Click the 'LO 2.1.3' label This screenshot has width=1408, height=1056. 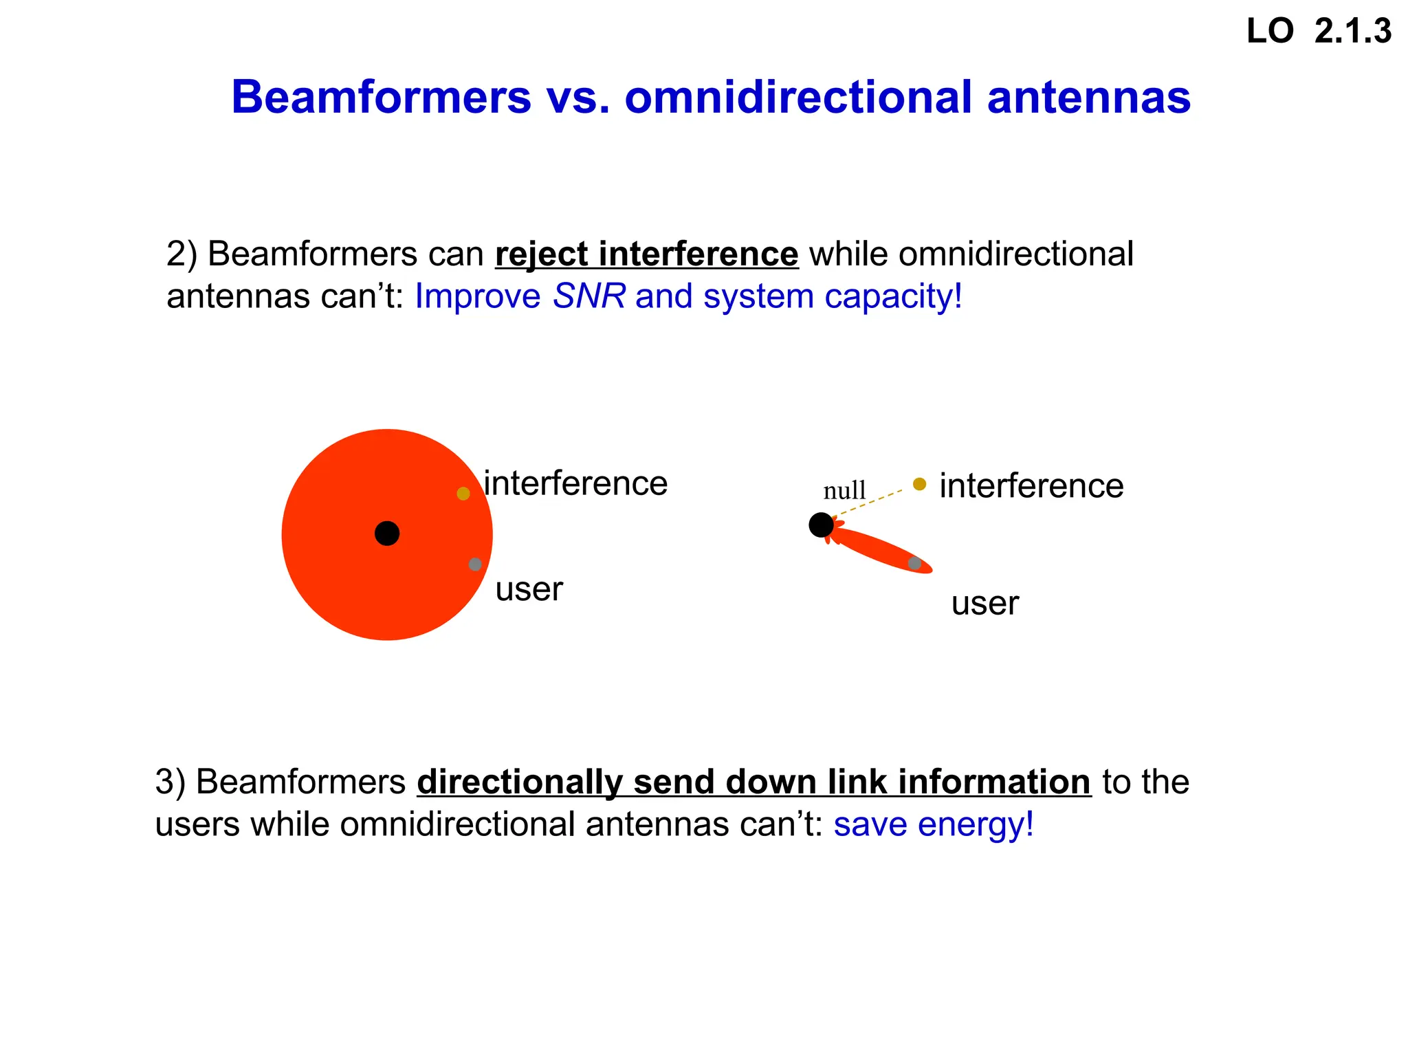click(x=1318, y=32)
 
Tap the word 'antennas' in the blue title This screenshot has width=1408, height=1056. click(x=1088, y=97)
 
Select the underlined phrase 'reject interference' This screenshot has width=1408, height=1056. click(x=646, y=254)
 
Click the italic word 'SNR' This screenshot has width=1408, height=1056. click(x=589, y=296)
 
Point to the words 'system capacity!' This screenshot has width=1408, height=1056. click(x=833, y=296)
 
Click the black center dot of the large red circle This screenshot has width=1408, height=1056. click(x=387, y=533)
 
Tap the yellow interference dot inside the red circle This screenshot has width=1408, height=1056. click(x=463, y=494)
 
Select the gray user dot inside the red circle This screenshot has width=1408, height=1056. click(x=475, y=564)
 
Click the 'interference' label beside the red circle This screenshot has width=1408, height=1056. click(x=575, y=483)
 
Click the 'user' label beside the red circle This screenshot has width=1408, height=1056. click(x=529, y=589)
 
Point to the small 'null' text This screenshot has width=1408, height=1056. click(x=844, y=491)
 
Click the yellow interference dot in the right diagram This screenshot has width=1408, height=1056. click(x=919, y=484)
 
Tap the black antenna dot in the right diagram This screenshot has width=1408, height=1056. click(x=821, y=525)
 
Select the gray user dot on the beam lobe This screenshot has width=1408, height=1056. click(x=914, y=564)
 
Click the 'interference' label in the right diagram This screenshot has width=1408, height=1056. click(x=1031, y=486)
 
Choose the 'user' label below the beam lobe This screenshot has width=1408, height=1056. click(x=984, y=604)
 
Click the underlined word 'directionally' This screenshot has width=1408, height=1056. click(x=520, y=782)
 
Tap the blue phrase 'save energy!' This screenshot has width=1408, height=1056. click(x=934, y=824)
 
